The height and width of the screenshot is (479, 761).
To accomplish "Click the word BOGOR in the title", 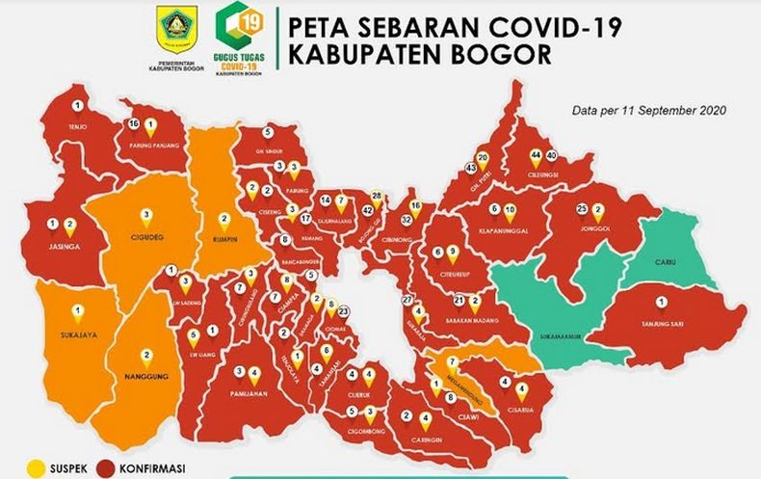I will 500,54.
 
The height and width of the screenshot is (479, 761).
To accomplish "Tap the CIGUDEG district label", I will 145,234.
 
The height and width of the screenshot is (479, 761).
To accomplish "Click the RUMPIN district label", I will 223,234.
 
